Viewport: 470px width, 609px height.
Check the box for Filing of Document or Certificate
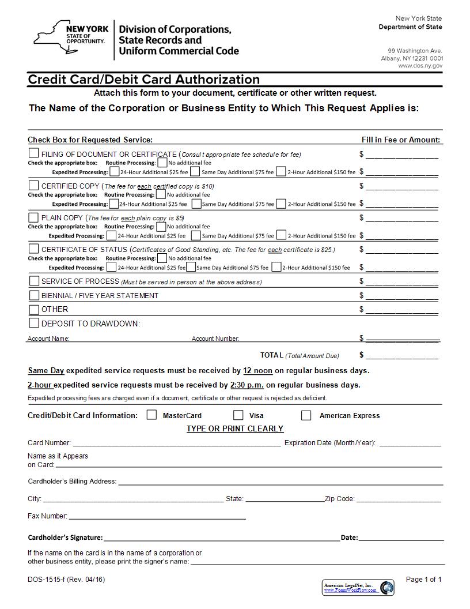34,153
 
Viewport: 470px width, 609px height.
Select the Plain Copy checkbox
34,217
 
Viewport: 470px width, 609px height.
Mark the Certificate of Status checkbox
34,249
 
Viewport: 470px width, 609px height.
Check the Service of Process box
34,281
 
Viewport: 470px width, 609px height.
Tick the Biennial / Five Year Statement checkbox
34,295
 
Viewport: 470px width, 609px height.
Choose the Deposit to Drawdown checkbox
34,323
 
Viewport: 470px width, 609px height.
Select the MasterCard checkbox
152,415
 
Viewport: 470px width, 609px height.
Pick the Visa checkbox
238,415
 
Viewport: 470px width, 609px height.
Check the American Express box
306,415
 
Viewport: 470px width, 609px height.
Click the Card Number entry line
176,443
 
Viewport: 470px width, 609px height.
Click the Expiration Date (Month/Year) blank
410,443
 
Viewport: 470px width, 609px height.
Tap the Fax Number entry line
157,517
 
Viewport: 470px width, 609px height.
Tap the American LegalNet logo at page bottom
358,587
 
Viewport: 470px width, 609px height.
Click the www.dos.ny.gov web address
420,66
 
